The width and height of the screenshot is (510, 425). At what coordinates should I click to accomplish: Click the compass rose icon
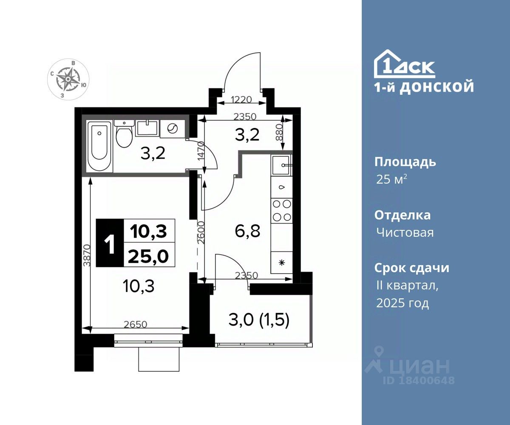[68, 79]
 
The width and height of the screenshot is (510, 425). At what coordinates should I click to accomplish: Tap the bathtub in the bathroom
[100, 146]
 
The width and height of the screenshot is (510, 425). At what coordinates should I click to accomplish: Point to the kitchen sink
[282, 165]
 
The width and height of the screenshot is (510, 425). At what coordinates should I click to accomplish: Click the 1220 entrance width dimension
[241, 99]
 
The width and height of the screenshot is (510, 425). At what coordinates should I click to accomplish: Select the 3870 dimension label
[87, 255]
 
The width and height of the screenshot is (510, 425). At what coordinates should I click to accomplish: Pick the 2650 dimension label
[135, 324]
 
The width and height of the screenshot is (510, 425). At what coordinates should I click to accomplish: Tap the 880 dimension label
[279, 132]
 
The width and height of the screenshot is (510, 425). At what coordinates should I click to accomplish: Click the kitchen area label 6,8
[247, 232]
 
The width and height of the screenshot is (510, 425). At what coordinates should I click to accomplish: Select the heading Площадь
[405, 162]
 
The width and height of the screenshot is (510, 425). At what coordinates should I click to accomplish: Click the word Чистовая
[405, 232]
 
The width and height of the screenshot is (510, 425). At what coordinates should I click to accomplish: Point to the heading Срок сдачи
[412, 268]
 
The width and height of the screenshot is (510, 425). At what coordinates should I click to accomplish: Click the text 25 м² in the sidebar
[392, 179]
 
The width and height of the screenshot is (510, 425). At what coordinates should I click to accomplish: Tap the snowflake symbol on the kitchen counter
[282, 263]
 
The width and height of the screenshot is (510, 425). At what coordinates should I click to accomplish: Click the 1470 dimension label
[201, 151]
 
